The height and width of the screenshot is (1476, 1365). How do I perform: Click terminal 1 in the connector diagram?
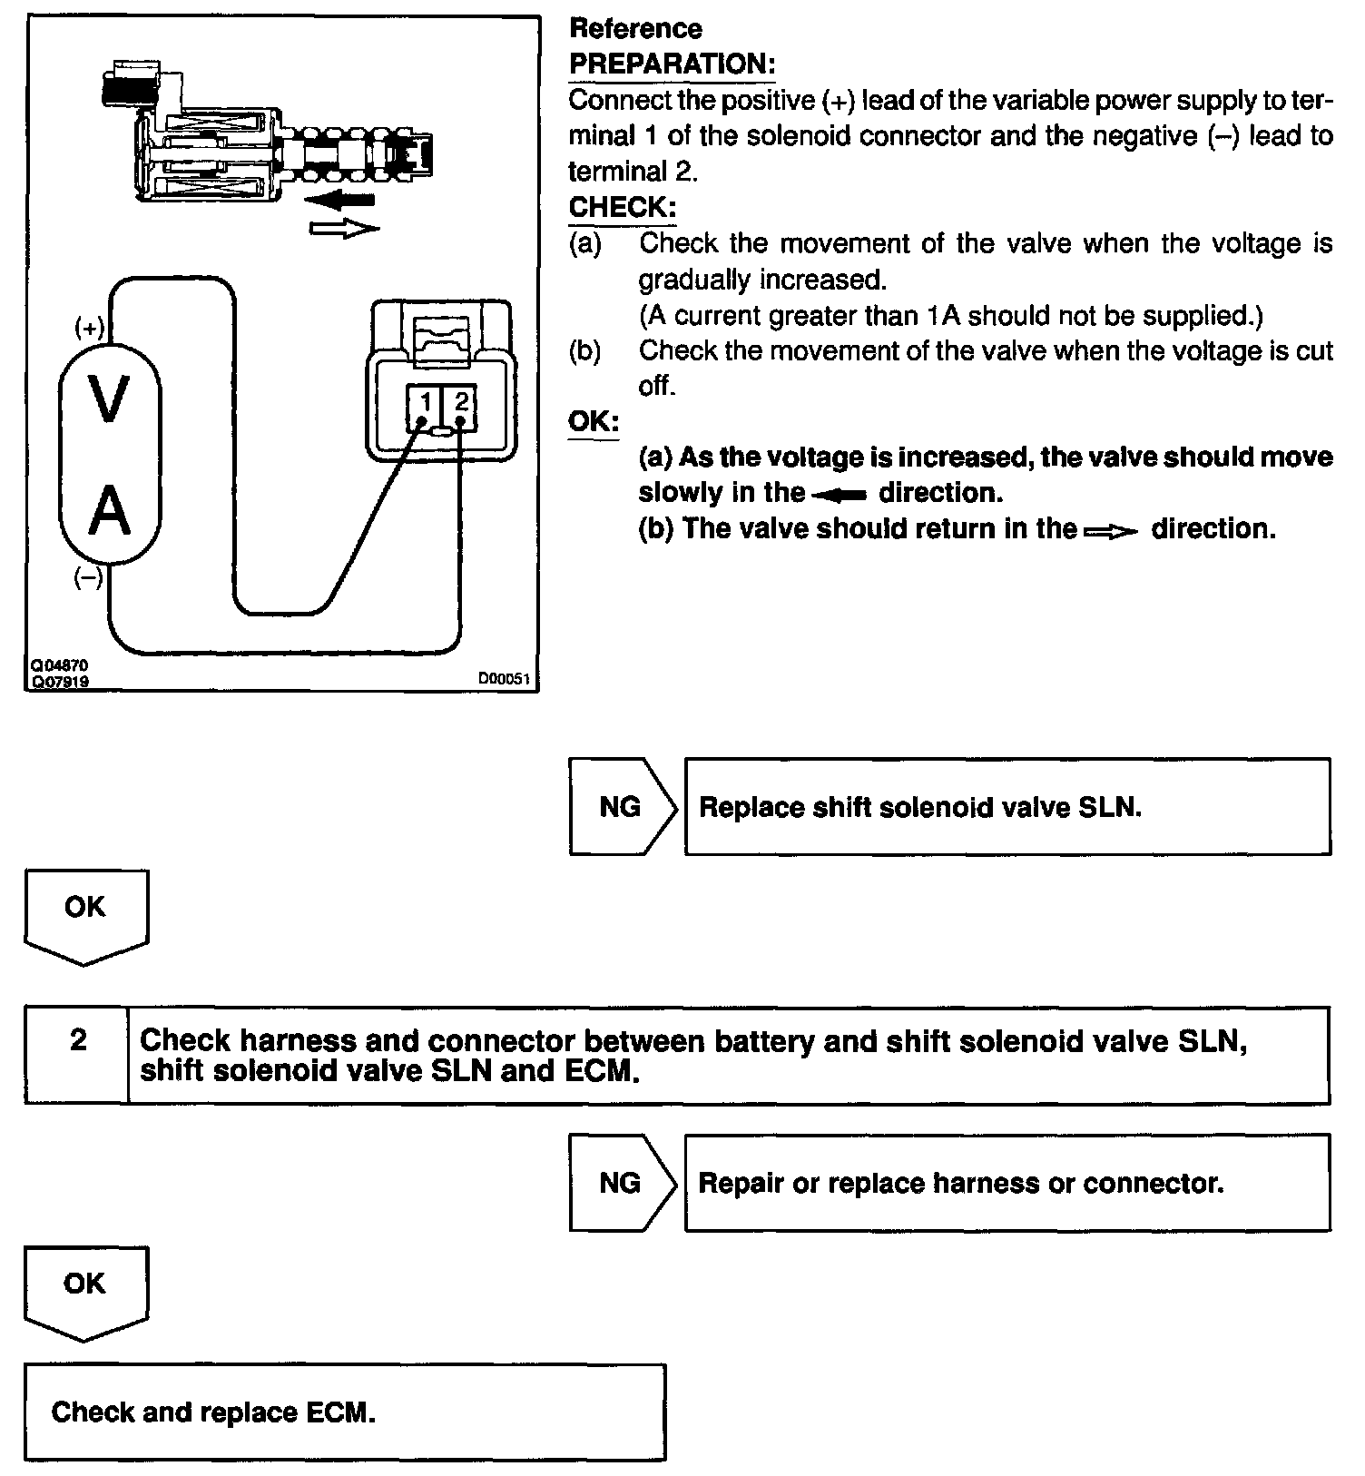tap(424, 401)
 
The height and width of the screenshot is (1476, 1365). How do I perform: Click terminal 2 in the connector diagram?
tap(461, 401)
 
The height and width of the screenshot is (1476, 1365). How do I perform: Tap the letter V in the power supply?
tap(109, 399)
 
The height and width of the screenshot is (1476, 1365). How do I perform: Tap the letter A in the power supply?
tap(109, 511)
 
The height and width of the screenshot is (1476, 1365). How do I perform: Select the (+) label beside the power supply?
tap(89, 328)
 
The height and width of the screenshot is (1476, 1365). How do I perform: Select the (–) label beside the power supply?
tap(88, 578)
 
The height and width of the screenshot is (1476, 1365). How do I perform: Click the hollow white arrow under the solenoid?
tap(344, 228)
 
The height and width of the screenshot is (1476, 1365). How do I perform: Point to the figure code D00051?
tap(504, 679)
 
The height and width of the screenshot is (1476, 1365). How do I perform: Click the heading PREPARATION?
tap(672, 64)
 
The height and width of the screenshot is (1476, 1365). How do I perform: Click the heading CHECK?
tap(622, 207)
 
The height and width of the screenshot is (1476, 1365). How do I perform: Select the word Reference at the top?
tap(635, 29)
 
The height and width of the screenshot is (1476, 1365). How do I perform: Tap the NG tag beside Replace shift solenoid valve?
tap(620, 807)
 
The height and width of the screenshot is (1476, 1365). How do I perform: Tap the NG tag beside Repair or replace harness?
tap(620, 1183)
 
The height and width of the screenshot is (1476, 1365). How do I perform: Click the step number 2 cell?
tap(78, 1040)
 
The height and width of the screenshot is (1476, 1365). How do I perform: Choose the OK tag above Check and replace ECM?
tap(84, 1284)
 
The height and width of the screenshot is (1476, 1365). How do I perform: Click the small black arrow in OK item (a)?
tap(840, 495)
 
